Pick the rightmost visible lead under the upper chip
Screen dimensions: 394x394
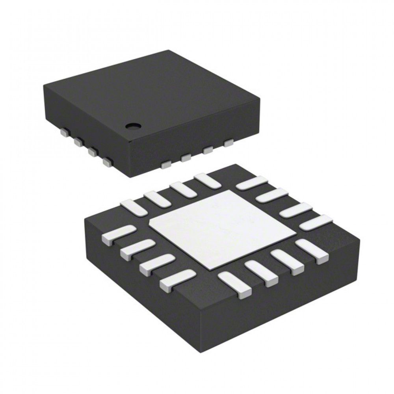coord(228,143)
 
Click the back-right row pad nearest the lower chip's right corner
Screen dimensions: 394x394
coord(315,223)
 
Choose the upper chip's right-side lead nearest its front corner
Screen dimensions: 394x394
coord(166,164)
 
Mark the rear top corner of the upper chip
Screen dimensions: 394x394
coord(169,51)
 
